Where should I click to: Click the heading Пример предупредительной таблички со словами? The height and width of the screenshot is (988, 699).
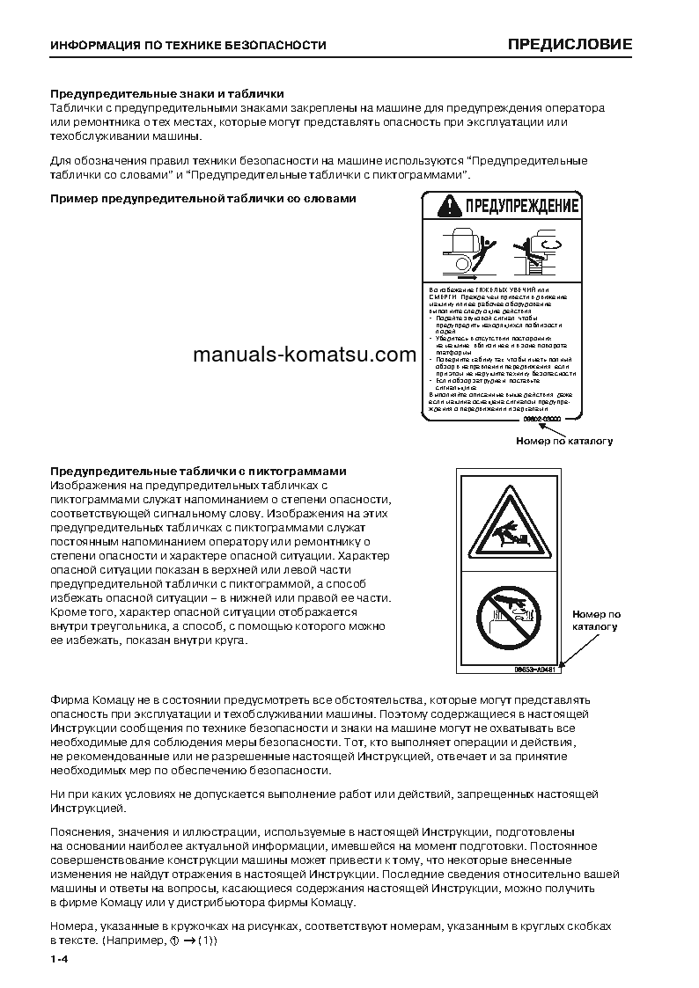tap(202, 199)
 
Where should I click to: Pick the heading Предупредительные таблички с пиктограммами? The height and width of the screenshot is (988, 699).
tap(198, 472)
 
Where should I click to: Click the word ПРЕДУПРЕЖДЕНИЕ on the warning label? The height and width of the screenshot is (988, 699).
tap(516, 208)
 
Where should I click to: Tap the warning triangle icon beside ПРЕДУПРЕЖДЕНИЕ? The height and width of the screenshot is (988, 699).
tap(450, 208)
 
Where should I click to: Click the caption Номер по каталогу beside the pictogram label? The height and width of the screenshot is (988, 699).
tap(596, 620)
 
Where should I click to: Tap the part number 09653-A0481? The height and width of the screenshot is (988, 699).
tap(534, 669)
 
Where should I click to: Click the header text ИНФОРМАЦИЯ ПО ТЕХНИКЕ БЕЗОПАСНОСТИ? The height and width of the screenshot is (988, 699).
tap(188, 45)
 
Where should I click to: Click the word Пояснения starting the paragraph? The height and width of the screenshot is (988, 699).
tap(81, 831)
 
